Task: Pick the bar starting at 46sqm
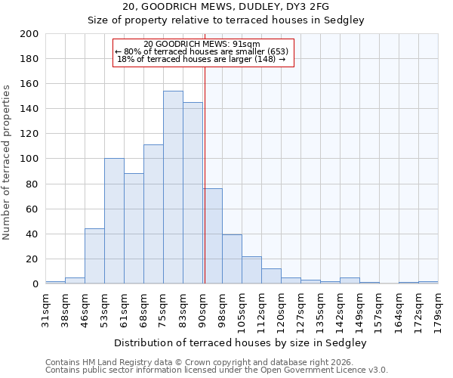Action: (x=94, y=256)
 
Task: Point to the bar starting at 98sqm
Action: (x=232, y=259)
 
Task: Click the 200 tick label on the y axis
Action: (x=29, y=34)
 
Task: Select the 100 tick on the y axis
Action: (x=29, y=159)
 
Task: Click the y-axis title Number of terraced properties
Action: (x=8, y=163)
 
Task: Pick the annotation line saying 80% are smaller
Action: (x=202, y=51)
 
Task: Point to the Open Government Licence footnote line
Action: (x=217, y=370)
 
